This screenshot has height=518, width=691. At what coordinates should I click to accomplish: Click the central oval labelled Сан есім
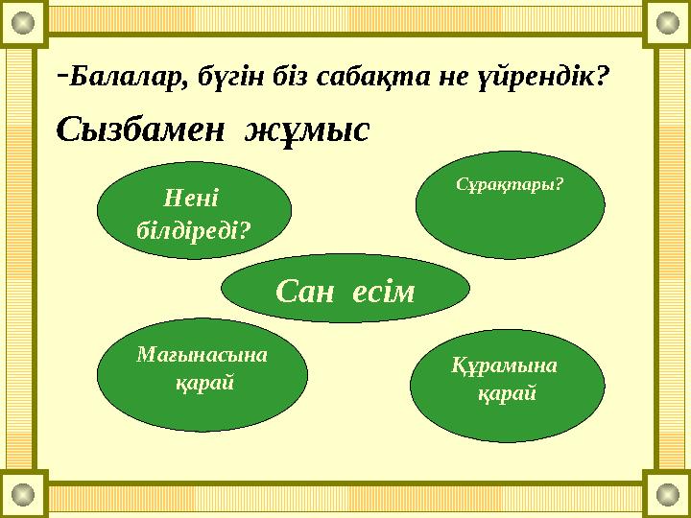coord(345,290)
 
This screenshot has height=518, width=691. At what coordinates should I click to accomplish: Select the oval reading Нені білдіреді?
coord(196,211)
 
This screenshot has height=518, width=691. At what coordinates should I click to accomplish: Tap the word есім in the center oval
coord(383,290)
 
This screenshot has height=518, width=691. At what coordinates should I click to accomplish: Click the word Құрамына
coord(504,365)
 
